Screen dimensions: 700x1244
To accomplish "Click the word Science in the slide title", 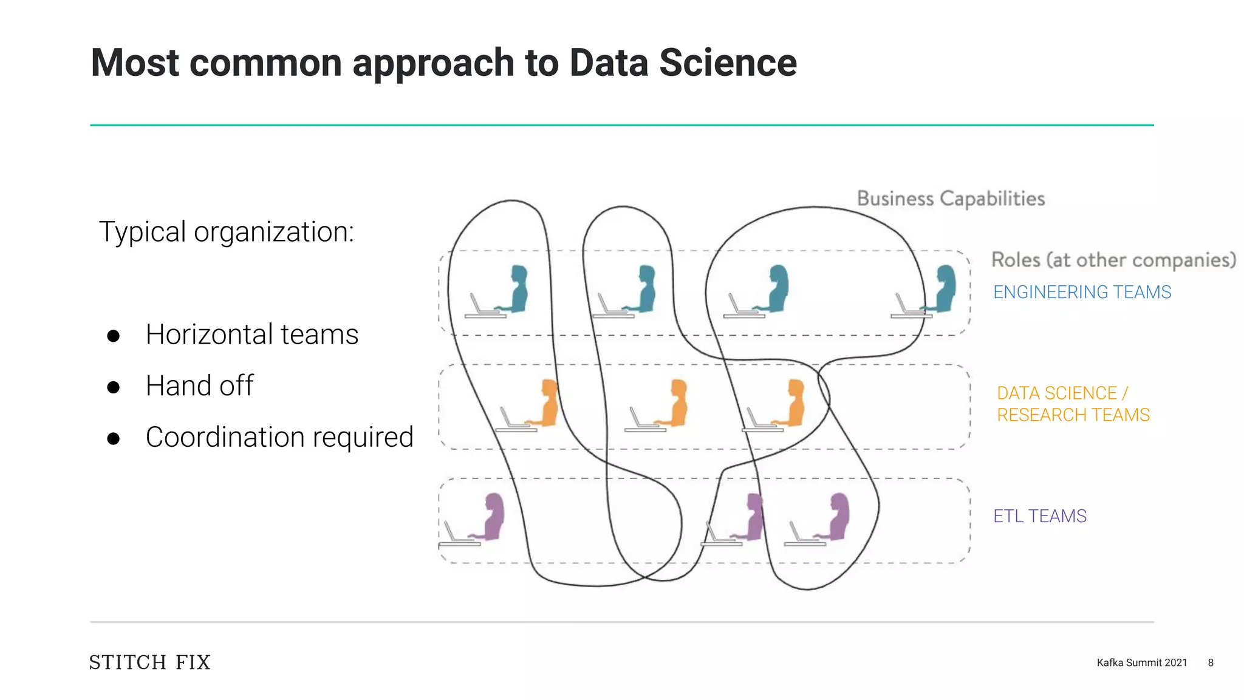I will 728,63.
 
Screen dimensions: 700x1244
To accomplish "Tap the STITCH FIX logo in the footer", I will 150,662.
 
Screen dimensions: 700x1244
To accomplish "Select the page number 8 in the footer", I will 1211,662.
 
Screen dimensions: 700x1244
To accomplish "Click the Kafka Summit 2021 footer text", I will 1141,662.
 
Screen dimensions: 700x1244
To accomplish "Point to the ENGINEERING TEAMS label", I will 1082,292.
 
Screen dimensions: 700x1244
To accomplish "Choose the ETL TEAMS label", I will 1039,516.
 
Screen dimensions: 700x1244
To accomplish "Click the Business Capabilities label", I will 951,199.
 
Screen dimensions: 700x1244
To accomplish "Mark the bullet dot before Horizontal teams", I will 113,336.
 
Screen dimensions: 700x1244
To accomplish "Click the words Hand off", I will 199,386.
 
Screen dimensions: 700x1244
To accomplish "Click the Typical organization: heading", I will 227,232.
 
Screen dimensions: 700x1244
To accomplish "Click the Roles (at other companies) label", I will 1113,260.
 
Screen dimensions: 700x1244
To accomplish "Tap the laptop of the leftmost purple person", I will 457,537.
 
